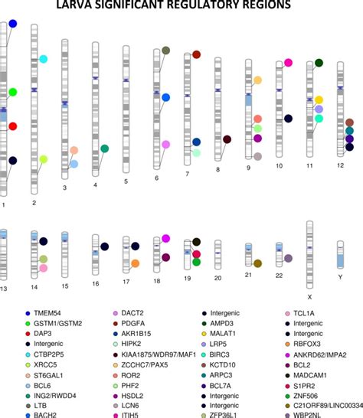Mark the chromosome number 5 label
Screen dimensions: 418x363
pyautogui.click(x=126, y=181)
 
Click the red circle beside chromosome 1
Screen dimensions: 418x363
pyautogui.click(x=13, y=126)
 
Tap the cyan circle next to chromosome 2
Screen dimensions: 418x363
pyautogui.click(x=44, y=59)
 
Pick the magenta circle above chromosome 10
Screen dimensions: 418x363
pyautogui.click(x=288, y=63)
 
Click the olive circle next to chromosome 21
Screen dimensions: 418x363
pyautogui.click(x=258, y=263)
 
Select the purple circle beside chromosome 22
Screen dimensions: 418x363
pyautogui.click(x=288, y=259)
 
